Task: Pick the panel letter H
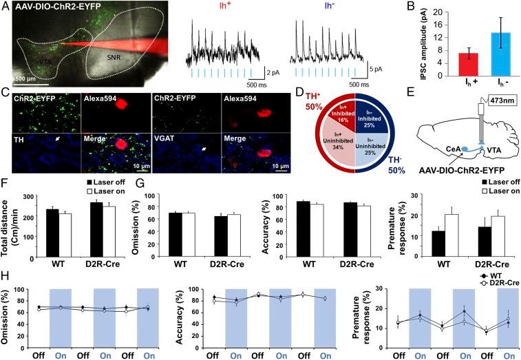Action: [6, 275]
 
